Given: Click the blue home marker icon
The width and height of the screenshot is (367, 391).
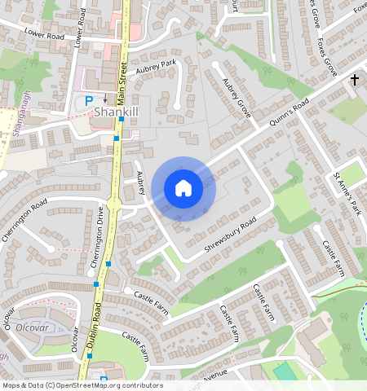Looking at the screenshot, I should [x=183, y=188].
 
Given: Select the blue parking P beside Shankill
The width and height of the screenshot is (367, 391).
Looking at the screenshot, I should [x=89, y=100].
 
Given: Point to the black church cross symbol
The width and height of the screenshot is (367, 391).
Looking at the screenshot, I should [x=354, y=80].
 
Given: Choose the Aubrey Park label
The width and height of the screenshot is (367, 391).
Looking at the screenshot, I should [x=157, y=64].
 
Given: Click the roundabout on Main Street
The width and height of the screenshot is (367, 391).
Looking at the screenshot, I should [x=114, y=202].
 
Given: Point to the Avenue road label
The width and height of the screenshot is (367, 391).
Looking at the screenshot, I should [x=216, y=376].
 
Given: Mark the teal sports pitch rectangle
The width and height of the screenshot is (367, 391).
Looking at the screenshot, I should [x=285, y=371].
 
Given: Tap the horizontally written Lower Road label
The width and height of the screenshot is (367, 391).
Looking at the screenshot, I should [x=44, y=33].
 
